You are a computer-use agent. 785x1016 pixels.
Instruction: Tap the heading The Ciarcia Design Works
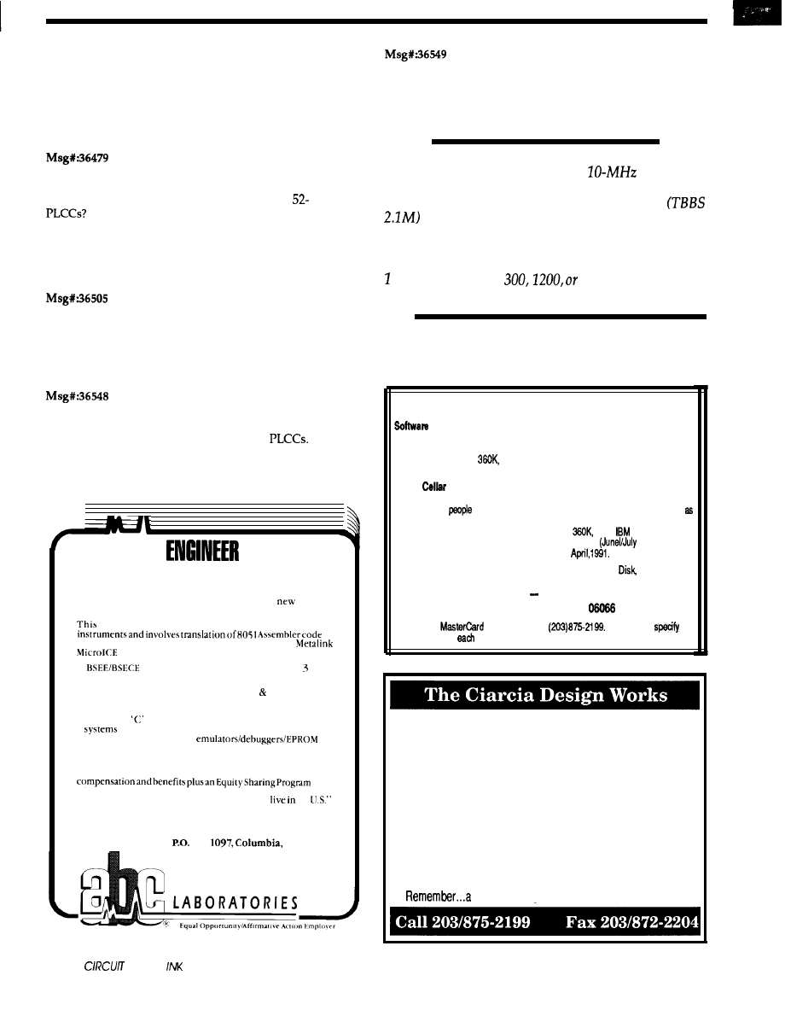point(546,694)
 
